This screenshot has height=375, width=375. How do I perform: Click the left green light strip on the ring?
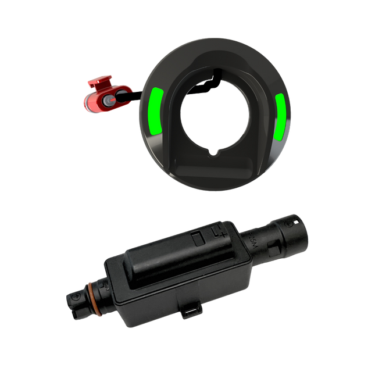156,110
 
